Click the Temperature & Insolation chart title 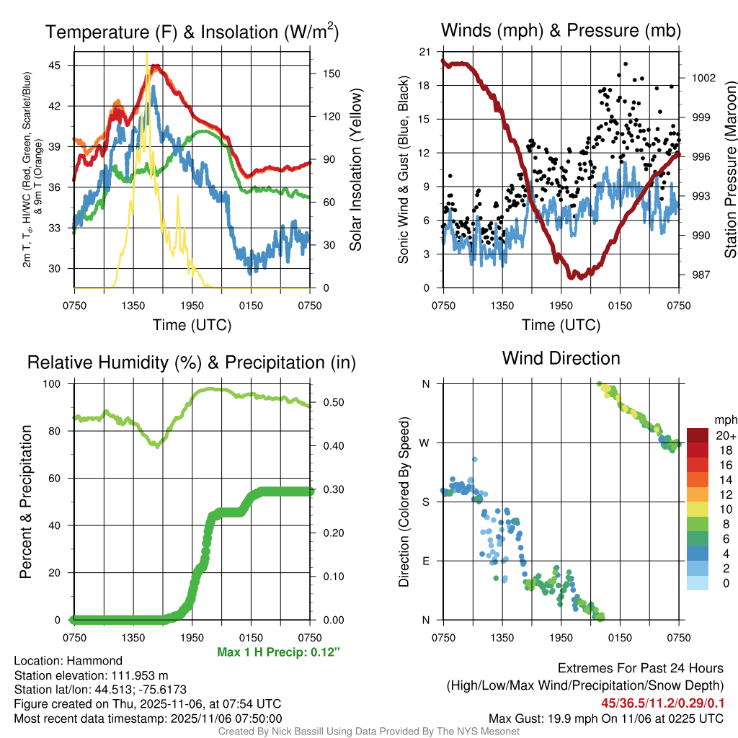(192, 32)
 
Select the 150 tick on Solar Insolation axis (326, 74)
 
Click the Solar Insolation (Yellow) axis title (355, 170)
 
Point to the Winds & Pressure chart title (561, 30)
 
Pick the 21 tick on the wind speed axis (424, 52)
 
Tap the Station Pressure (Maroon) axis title (730, 170)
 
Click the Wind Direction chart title (561, 358)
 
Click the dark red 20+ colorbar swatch (698, 435)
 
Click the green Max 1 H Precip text (278, 652)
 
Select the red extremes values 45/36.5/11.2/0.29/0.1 (662, 703)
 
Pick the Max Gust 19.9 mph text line (606, 718)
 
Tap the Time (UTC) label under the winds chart (561, 325)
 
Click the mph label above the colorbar (724, 419)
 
